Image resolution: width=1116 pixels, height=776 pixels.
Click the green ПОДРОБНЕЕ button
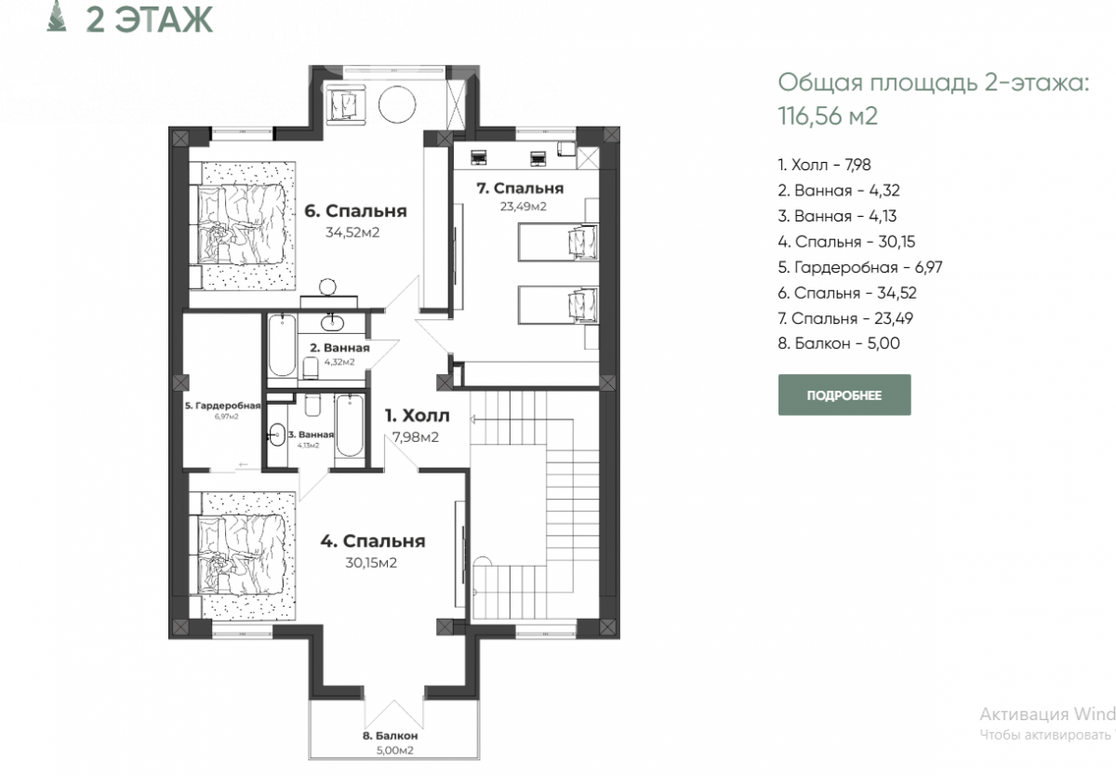click(844, 395)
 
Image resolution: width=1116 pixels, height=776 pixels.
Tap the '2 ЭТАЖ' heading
click(150, 20)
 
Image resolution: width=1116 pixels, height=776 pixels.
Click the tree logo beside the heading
click(57, 16)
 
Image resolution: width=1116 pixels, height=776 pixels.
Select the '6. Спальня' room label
click(355, 211)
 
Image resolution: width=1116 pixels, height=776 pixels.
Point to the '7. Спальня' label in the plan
click(520, 188)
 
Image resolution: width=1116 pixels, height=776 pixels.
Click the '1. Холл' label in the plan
click(417, 416)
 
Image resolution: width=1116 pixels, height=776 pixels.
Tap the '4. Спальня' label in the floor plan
click(373, 542)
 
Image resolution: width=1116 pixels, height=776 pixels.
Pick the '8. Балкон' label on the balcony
click(390, 736)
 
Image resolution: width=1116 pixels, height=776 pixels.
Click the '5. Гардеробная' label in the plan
click(222, 406)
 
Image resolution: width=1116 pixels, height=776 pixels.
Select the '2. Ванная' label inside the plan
click(339, 348)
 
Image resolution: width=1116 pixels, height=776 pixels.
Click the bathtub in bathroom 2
click(282, 345)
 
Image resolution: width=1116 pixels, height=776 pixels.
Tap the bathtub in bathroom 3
click(350, 425)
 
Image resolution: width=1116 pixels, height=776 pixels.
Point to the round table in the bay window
click(397, 104)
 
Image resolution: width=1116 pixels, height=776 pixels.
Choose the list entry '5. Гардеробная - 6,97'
click(860, 268)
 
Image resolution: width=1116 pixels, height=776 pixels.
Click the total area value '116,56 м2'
click(828, 115)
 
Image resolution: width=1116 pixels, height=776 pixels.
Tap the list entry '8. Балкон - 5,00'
click(839, 343)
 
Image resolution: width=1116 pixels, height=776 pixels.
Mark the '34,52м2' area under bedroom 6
click(352, 233)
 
